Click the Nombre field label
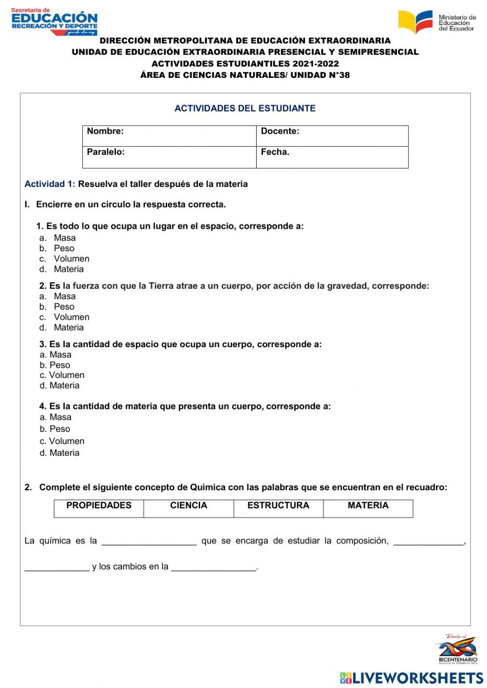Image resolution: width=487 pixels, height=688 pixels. click(x=105, y=131)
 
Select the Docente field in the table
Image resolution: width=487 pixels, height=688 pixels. click(x=332, y=135)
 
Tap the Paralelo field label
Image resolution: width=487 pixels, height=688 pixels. click(x=106, y=152)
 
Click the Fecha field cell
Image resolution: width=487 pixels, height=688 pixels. click(x=332, y=157)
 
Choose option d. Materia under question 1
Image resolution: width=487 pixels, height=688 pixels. click(x=68, y=269)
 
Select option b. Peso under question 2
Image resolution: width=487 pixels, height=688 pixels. click(x=64, y=307)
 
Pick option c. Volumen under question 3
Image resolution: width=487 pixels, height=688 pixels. click(x=66, y=375)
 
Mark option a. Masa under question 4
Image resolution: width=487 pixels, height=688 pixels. click(x=60, y=417)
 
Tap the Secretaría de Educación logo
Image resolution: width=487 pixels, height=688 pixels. click(x=54, y=21)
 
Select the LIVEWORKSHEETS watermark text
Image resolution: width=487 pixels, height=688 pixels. click(x=417, y=678)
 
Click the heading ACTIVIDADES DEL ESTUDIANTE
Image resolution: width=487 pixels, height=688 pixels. click(x=245, y=109)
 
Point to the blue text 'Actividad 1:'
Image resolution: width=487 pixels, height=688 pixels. click(x=50, y=184)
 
